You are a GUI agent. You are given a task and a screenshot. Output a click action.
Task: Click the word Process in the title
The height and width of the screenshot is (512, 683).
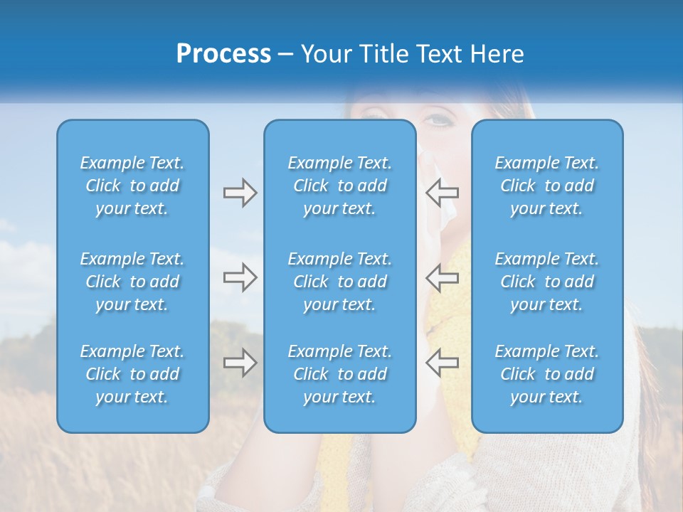coord(223,54)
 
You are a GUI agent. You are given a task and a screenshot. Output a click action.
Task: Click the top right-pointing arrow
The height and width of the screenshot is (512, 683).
coord(240,193)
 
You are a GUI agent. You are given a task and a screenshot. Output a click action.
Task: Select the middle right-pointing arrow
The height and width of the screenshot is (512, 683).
coord(240,277)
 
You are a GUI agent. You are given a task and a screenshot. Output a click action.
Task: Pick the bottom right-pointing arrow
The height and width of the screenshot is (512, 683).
coord(240,363)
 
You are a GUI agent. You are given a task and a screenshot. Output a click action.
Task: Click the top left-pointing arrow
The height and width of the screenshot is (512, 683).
coord(442,193)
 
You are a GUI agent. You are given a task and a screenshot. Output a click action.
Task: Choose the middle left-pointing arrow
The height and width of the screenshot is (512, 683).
coord(442,277)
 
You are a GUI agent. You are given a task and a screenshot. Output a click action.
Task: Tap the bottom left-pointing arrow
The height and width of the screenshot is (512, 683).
coord(442,363)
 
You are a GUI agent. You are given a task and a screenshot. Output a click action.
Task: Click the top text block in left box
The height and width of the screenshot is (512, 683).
coord(132,186)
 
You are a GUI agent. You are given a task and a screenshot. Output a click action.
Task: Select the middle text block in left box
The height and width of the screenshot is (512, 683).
coord(132,282)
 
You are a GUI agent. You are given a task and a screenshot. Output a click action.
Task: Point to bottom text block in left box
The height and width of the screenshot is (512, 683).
coord(132,374)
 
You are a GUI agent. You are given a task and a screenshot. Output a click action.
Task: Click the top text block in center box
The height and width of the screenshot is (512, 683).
coord(339,186)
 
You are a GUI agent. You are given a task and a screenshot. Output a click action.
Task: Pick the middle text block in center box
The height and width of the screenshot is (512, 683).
coord(339,282)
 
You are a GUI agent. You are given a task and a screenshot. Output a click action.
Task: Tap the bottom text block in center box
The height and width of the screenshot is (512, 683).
coord(339,374)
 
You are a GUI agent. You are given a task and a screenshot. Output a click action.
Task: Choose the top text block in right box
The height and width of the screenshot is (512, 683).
coord(546,186)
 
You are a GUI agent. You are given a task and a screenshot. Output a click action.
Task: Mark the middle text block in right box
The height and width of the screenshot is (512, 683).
coord(546,282)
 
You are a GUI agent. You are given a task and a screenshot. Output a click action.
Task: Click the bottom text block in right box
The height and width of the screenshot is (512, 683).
coord(546,374)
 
